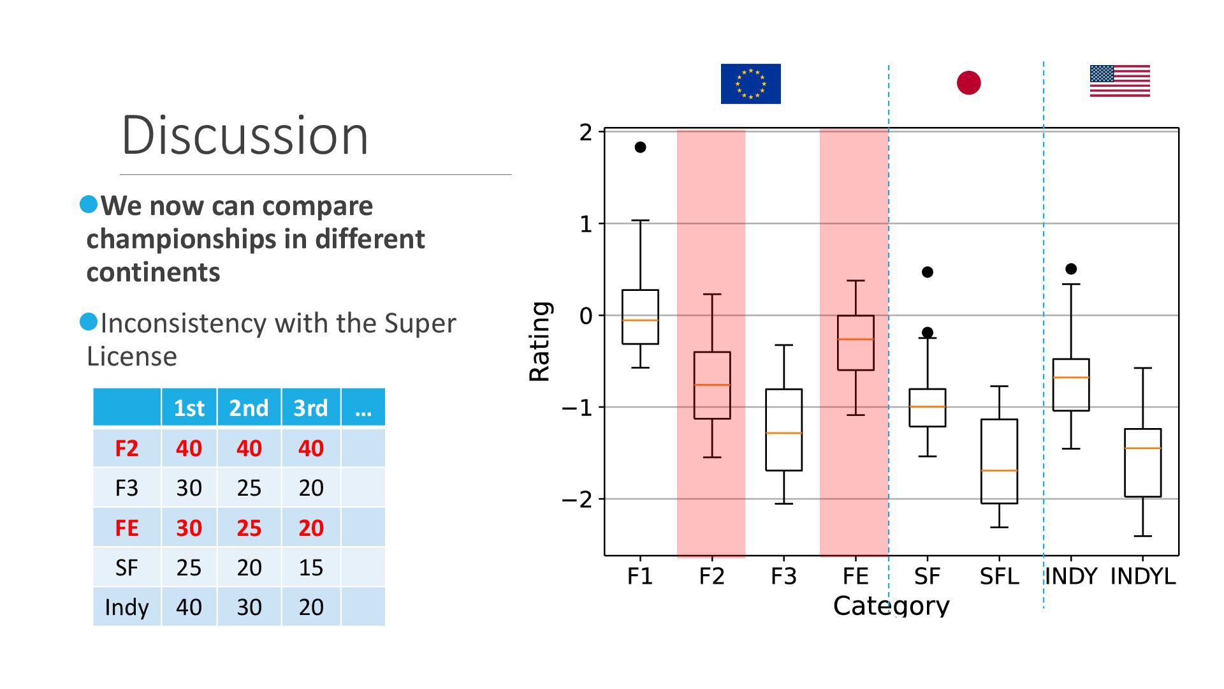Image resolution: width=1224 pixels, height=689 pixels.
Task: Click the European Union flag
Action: [x=750, y=84]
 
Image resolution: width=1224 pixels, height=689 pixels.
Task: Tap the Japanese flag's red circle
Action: [x=968, y=83]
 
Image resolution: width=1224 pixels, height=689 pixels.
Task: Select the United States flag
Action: [x=1119, y=81]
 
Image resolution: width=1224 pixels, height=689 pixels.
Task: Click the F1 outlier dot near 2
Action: [x=640, y=147]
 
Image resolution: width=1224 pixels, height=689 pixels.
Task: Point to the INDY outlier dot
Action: [x=1071, y=269]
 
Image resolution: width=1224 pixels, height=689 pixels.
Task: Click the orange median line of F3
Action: [x=783, y=433]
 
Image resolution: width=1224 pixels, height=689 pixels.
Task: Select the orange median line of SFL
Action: [x=999, y=471]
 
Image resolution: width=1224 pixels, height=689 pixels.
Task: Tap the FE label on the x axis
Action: [x=855, y=577]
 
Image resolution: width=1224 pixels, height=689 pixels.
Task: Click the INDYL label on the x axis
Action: [x=1142, y=577]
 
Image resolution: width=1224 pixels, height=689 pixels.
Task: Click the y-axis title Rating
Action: [x=540, y=342]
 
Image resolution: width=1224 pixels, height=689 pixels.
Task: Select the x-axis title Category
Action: [x=891, y=606]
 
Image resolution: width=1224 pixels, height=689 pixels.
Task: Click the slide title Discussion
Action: [x=245, y=135]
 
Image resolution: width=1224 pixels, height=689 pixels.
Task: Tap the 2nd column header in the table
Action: [x=249, y=408]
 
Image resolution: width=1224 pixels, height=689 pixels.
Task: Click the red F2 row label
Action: [x=126, y=448]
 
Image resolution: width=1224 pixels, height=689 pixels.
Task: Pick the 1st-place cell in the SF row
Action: [x=189, y=568]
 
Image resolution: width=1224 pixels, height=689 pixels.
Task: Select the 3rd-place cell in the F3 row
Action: [x=311, y=488]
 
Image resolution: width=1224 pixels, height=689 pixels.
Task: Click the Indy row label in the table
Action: [x=126, y=607]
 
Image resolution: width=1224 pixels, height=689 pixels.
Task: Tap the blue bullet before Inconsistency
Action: [x=89, y=322]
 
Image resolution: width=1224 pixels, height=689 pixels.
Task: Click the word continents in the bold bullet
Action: [x=153, y=272]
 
